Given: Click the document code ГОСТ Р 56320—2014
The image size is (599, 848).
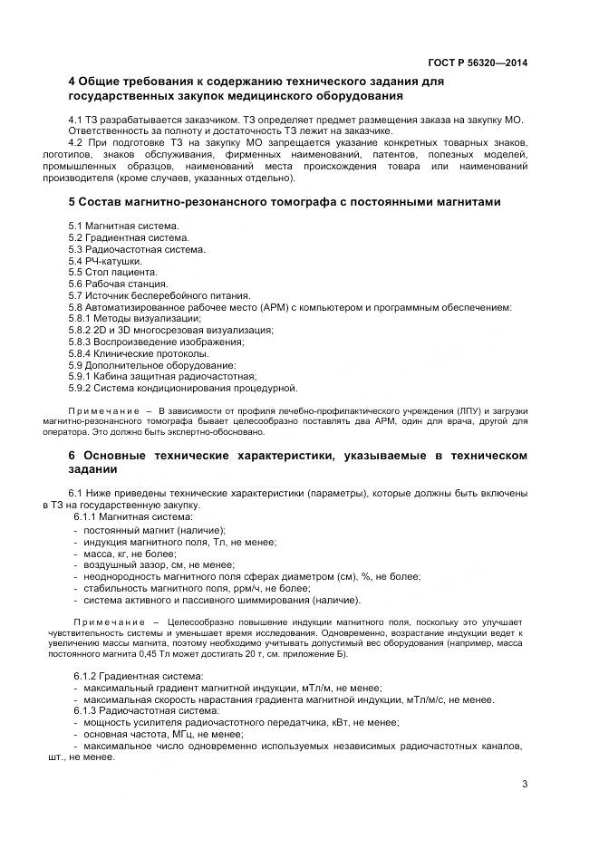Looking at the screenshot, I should pos(478,63).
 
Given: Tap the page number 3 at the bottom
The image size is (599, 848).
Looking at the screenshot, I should pos(525,785).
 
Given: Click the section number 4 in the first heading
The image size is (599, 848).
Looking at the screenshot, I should pos(72,82).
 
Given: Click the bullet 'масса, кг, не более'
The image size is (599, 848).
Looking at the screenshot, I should pos(130,553).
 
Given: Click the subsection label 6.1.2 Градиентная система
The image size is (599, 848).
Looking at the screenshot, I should pos(138,676).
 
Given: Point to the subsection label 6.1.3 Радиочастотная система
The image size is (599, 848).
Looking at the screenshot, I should pos(144,711).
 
